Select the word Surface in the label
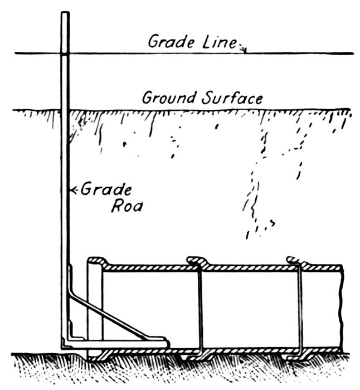pos(230,99)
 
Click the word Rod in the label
pos(125,206)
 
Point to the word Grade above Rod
pos(106,189)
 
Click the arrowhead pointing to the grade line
pos(244,51)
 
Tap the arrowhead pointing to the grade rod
pos(71,190)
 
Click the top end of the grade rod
pos(65,13)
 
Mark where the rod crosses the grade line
pos(65,53)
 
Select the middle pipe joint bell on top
pos(197,261)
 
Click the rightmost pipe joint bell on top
pos(295,261)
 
